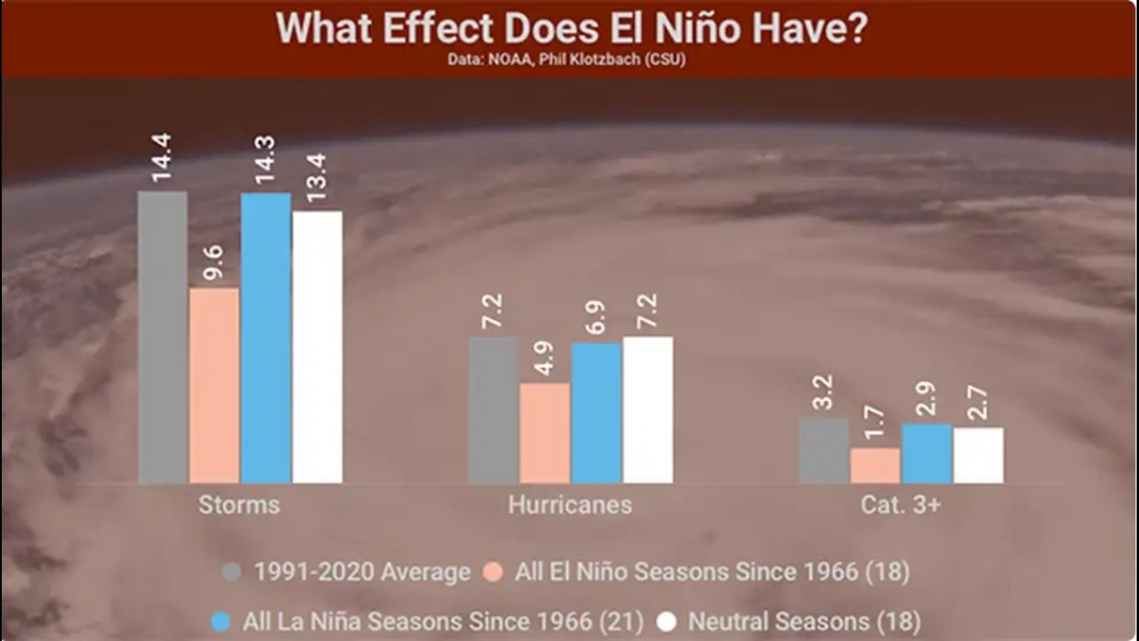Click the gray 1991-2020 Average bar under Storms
(163, 337)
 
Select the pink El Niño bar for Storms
(214, 386)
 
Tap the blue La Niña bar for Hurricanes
(596, 413)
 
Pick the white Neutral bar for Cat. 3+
(978, 455)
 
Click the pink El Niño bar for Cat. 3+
(875, 465)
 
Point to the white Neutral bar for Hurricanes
(648, 410)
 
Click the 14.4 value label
(161, 157)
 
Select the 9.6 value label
(214, 261)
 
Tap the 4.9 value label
(544, 357)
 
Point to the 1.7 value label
(874, 423)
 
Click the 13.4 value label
(317, 177)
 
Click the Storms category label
(239, 505)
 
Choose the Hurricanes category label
(570, 505)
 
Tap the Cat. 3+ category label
(901, 505)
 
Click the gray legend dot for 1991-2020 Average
(231, 572)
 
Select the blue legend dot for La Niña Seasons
(221, 622)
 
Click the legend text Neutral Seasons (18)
(804, 622)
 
